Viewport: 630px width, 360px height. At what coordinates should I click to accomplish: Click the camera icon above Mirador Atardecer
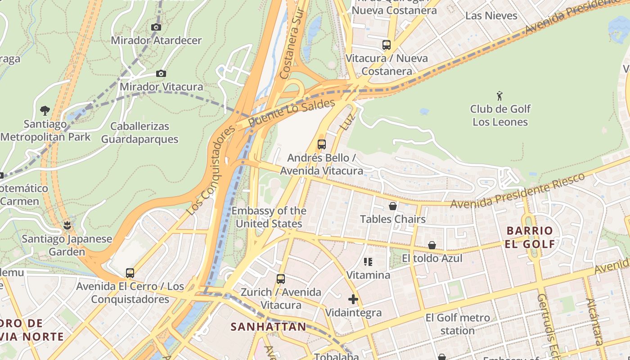(x=156, y=27)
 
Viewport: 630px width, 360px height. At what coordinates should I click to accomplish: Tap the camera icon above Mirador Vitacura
(x=161, y=74)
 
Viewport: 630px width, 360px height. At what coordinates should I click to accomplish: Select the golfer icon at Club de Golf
(x=499, y=96)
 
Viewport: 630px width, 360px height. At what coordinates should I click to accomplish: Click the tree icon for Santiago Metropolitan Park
(x=45, y=110)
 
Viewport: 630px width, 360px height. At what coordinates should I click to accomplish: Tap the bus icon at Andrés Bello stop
(x=321, y=144)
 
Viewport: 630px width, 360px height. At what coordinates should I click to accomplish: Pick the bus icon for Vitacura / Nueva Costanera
(x=386, y=45)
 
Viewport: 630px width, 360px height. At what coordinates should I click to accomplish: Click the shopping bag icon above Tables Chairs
(x=393, y=206)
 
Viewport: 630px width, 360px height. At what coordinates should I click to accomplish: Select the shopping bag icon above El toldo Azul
(x=432, y=245)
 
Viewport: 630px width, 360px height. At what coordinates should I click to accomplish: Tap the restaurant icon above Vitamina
(x=368, y=261)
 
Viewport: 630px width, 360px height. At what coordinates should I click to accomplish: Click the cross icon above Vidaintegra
(x=353, y=299)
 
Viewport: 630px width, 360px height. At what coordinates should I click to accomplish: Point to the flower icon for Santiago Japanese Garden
(x=67, y=225)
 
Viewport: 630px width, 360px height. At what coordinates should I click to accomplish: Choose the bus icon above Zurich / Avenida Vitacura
(x=281, y=279)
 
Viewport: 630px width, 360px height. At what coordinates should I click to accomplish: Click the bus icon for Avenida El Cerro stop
(x=130, y=273)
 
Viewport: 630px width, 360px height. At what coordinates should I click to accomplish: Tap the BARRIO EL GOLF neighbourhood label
(x=530, y=237)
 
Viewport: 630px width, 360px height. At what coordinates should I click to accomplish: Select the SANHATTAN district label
(x=268, y=327)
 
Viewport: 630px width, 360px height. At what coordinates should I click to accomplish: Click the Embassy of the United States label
(x=269, y=217)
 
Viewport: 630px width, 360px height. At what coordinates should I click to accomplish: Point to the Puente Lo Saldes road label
(x=292, y=113)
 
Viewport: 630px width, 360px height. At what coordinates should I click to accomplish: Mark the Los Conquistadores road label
(x=211, y=170)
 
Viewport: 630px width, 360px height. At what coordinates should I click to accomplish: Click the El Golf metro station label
(x=458, y=324)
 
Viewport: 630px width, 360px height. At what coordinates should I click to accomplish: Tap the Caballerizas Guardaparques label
(x=139, y=133)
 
